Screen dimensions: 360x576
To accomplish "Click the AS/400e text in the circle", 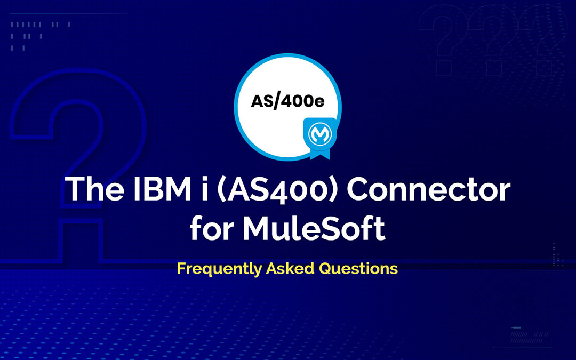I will pyautogui.click(x=287, y=101).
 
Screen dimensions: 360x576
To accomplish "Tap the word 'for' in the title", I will pyautogui.click(x=211, y=229).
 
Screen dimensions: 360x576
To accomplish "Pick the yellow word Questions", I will pyautogui.click(x=358, y=268).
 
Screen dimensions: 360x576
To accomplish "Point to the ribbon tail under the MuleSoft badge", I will pyautogui.click(x=319, y=153).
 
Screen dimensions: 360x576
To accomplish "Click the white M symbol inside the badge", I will pyautogui.click(x=319, y=131).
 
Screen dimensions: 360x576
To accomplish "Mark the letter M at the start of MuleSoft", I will pyautogui.click(x=255, y=229).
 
